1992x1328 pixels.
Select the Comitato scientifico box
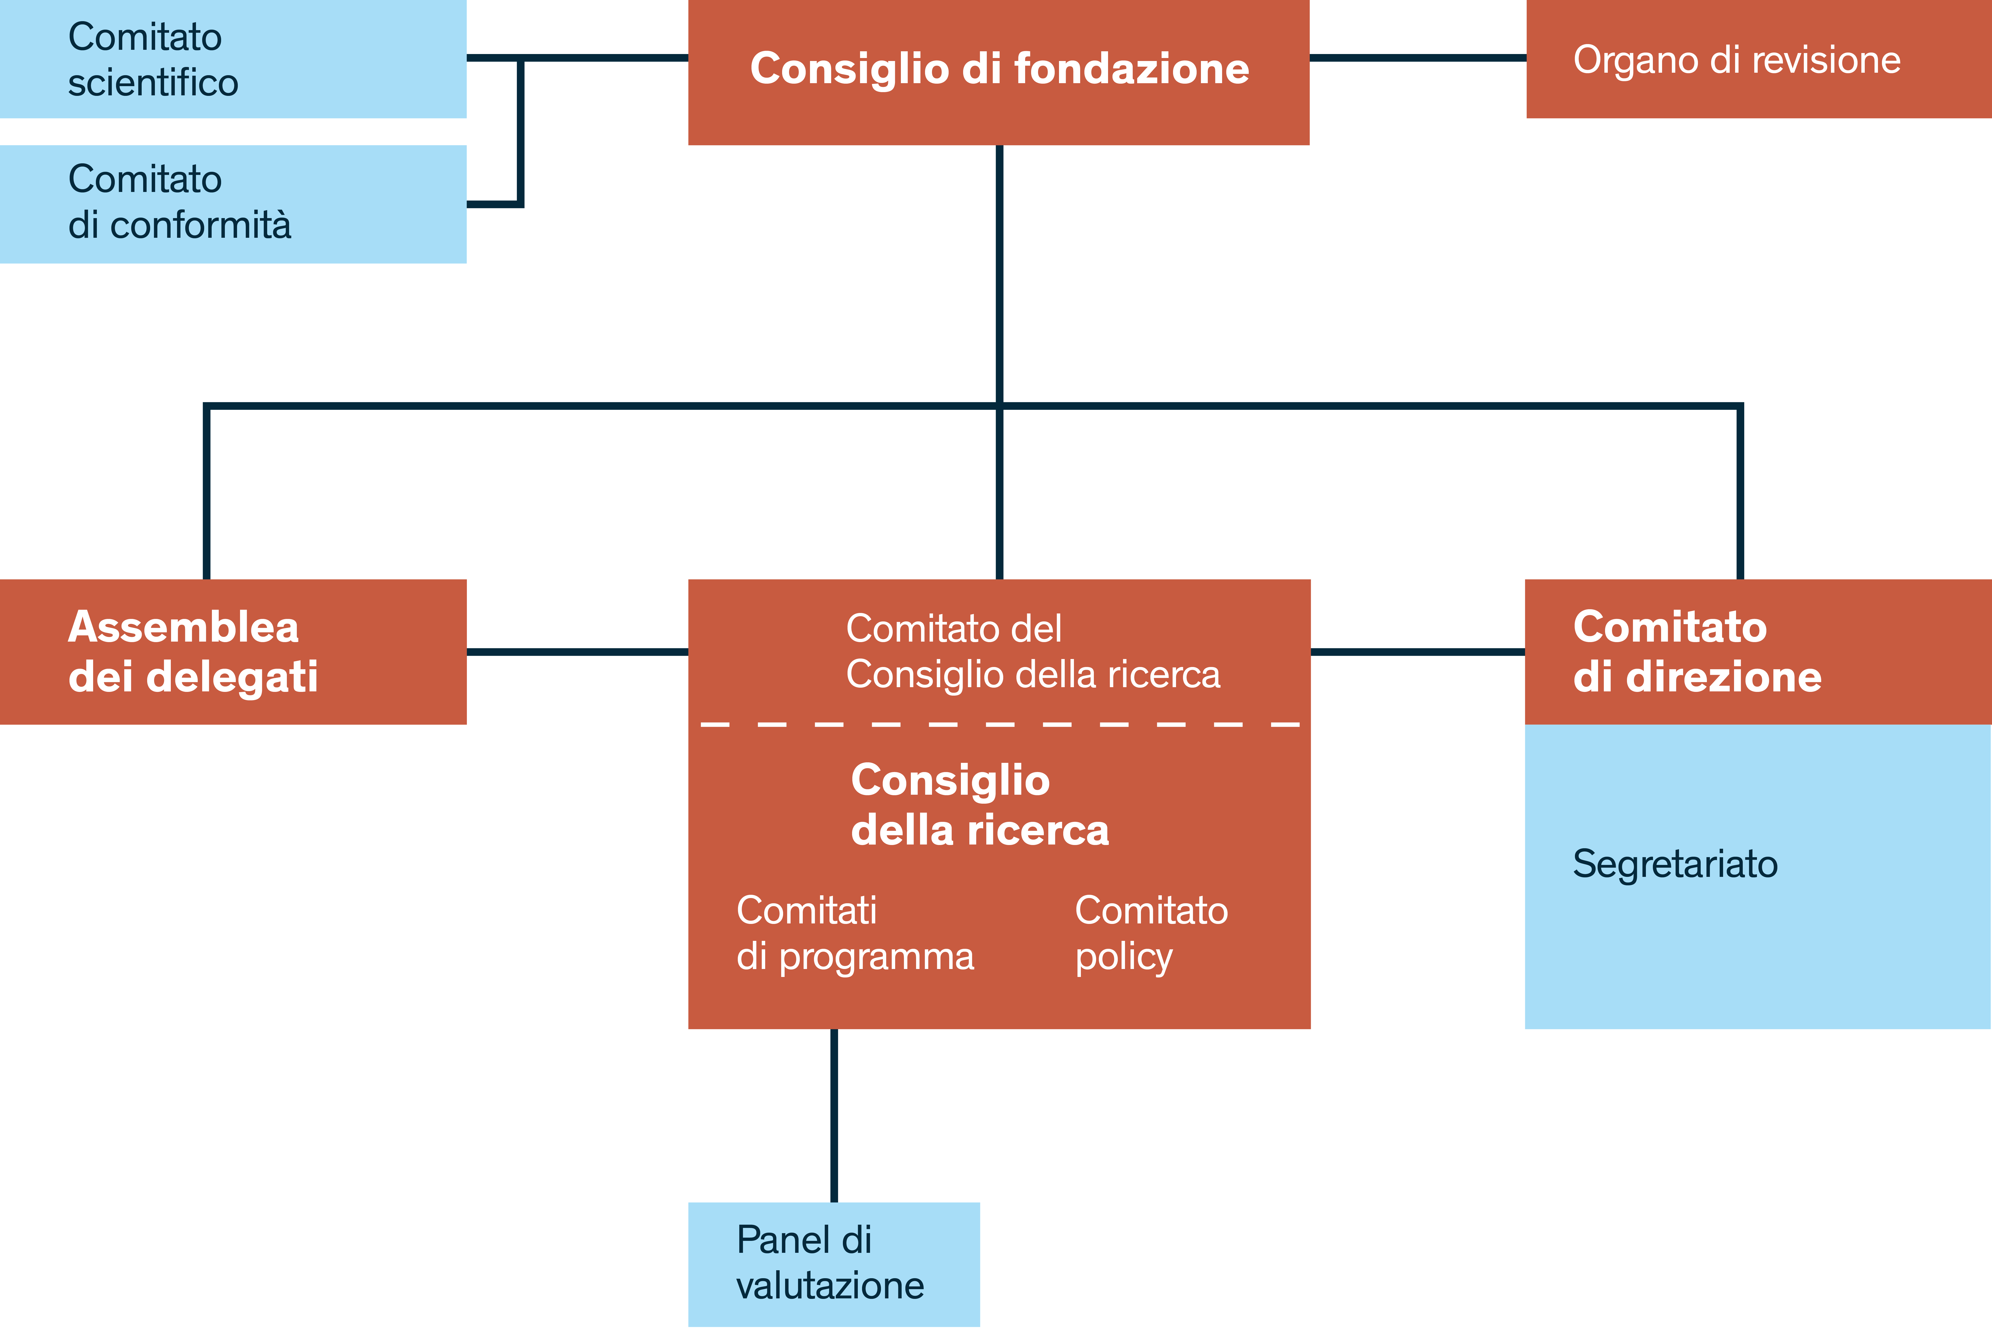click(x=233, y=59)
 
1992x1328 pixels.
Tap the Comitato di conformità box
click(x=233, y=203)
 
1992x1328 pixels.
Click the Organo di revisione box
click(x=1758, y=59)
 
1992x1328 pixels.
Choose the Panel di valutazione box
click(x=833, y=1264)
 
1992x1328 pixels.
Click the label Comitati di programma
click(x=855, y=933)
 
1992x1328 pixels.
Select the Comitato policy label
click(x=1151, y=933)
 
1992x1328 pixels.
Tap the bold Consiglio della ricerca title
click(x=979, y=805)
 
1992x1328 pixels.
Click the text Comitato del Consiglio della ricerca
click(x=1032, y=651)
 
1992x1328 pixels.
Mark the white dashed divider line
click(x=999, y=725)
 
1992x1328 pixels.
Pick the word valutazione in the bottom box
click(x=830, y=1286)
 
